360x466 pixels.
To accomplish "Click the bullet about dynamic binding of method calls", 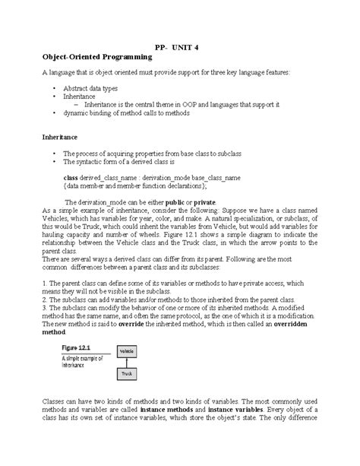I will click(x=127, y=113).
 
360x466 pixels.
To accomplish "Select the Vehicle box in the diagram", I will click(x=127, y=351).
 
